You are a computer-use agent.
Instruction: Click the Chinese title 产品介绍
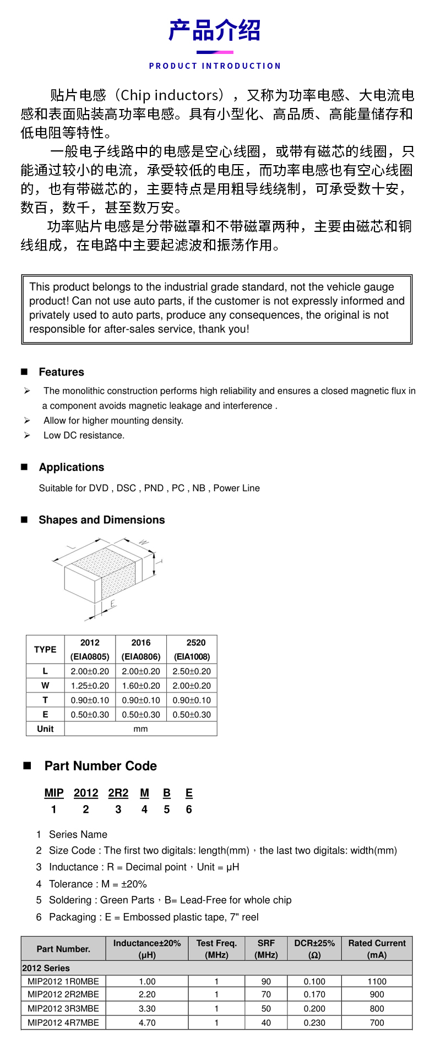tap(215, 31)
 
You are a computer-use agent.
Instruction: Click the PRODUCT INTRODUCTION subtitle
tap(215, 66)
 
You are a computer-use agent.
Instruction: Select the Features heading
tap(61, 372)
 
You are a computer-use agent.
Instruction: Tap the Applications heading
tap(71, 468)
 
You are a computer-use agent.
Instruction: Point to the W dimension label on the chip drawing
tap(143, 542)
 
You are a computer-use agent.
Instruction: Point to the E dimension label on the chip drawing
tap(113, 604)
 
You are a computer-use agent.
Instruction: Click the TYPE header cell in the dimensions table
tap(45, 650)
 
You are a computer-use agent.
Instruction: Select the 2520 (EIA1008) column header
tap(192, 650)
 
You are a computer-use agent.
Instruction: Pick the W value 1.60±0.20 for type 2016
tap(141, 686)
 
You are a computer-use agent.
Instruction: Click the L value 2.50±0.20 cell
tap(192, 672)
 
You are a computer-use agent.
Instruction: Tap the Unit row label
tap(45, 729)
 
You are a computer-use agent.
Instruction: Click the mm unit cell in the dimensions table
tap(141, 729)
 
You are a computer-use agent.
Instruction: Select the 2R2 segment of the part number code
tap(118, 793)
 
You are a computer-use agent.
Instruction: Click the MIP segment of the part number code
tap(54, 793)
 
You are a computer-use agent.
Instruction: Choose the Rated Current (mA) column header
tap(377, 949)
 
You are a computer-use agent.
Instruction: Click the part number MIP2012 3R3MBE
tap(63, 1008)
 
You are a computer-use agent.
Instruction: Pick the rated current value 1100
tap(377, 981)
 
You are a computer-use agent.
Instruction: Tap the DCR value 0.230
tap(314, 1023)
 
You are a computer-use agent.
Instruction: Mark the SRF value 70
tap(266, 994)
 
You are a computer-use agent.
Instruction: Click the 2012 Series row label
tap(46, 968)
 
